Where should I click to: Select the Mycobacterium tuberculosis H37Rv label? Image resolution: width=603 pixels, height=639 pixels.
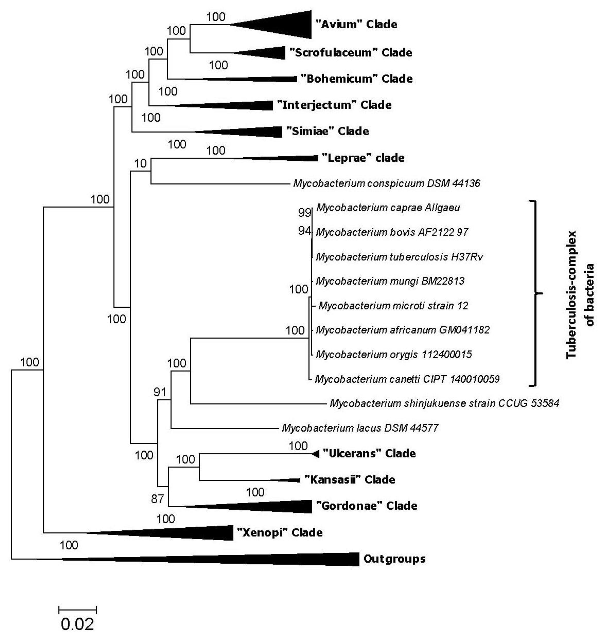[x=399, y=257]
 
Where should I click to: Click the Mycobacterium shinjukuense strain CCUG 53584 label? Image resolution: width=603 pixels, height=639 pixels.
[x=445, y=403]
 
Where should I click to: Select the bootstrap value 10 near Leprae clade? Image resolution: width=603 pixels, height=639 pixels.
[x=140, y=164]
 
